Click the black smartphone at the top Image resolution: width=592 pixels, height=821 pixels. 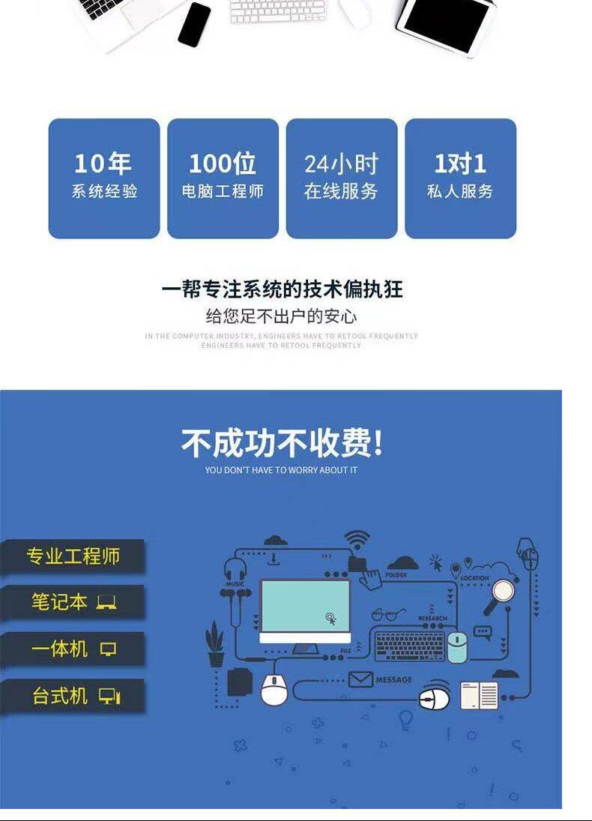(195, 24)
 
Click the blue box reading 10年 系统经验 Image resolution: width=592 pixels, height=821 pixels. (104, 178)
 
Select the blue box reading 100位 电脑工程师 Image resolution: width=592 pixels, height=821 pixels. (223, 178)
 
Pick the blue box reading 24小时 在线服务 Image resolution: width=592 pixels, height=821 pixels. (342, 178)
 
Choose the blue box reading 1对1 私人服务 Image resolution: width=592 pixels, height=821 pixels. (460, 178)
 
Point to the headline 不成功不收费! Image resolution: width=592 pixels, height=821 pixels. (282, 444)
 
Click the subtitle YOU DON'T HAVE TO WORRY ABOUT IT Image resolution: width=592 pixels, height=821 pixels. (281, 470)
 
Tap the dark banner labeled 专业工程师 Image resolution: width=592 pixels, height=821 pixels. (73, 556)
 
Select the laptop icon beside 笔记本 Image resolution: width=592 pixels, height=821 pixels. (106, 602)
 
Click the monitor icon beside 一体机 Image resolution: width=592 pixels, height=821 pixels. (109, 649)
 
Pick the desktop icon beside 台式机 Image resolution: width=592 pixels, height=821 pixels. (109, 696)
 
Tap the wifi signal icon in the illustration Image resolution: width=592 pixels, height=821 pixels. (357, 540)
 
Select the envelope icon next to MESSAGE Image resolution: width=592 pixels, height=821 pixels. (360, 679)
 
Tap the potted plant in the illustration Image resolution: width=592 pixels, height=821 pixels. (215, 643)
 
